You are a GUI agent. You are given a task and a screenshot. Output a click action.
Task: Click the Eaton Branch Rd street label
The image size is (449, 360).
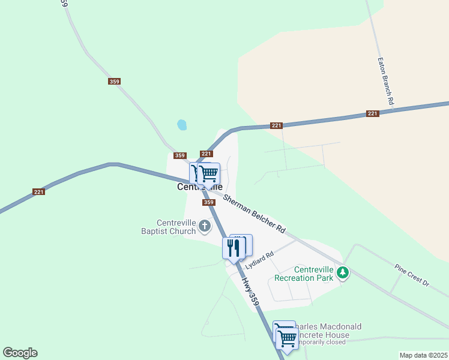(x=384, y=82)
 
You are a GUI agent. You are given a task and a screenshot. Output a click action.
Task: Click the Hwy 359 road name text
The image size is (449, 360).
(x=250, y=292)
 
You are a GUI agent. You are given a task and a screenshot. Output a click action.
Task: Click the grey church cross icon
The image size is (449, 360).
(x=205, y=226)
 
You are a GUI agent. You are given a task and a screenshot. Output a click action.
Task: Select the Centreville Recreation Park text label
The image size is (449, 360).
(x=303, y=274)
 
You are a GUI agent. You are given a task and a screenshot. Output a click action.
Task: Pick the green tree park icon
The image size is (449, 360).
(x=343, y=273)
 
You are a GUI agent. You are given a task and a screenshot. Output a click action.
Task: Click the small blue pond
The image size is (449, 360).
(x=181, y=125)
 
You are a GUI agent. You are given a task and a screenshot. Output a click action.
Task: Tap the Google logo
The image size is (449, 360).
(x=20, y=353)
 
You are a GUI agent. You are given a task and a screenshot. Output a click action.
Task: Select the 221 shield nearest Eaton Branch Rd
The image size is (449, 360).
(x=373, y=113)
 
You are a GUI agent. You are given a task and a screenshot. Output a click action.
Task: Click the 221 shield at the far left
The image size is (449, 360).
(x=39, y=192)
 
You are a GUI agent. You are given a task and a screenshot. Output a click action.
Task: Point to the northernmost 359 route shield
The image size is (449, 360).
(x=114, y=82)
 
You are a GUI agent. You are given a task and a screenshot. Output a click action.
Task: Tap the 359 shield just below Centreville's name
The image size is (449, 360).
(x=209, y=202)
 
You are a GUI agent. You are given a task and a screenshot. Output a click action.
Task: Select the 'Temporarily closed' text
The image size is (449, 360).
(x=324, y=342)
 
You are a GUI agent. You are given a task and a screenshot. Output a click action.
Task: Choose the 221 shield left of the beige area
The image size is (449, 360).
(x=276, y=125)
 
